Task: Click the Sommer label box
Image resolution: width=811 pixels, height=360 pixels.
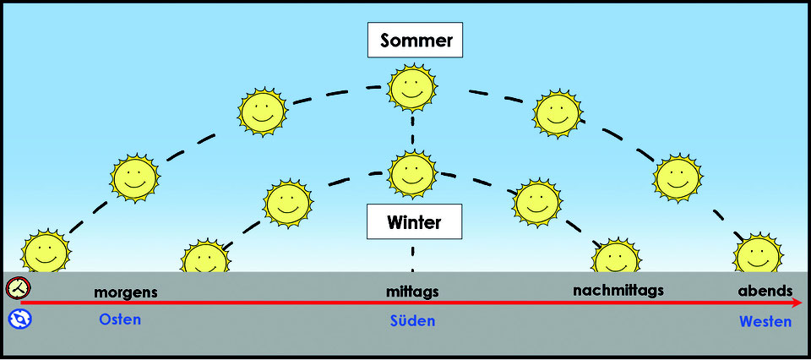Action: pos(415,40)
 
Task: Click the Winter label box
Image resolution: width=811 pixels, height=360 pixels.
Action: pos(414,221)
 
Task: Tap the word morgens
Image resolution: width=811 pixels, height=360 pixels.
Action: pos(126,292)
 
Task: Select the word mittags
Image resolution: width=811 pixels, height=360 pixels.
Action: pos(412,292)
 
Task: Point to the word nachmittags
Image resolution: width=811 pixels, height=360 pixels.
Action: pos(618,291)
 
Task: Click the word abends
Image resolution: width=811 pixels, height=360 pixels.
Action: pos(765,291)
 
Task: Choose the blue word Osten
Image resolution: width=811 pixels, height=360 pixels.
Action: pos(120,319)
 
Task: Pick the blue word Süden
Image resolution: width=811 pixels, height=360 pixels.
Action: pos(412,321)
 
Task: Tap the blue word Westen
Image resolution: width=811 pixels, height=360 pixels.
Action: pos(765,322)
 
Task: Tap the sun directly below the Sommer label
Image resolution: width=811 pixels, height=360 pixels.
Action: pos(412,88)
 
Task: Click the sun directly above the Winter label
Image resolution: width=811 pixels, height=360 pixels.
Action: pos(412,174)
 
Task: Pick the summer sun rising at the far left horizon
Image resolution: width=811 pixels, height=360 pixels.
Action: pos(46,251)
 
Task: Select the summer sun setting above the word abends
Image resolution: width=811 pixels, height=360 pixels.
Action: pos(759,253)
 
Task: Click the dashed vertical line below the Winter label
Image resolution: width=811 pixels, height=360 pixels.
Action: pos(413,257)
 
